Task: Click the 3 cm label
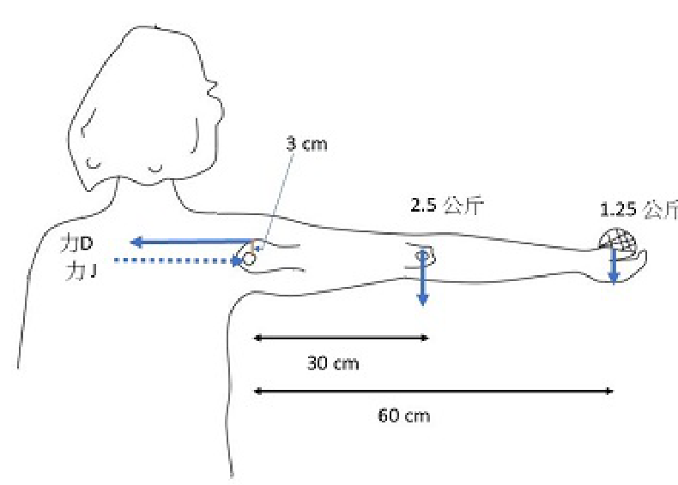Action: [306, 144]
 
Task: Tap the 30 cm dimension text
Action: [333, 363]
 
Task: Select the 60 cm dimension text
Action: [404, 416]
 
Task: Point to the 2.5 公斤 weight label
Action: [446, 205]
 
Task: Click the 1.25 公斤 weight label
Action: [639, 210]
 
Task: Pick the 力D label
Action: [77, 244]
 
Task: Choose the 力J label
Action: [81, 272]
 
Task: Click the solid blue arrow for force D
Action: [191, 242]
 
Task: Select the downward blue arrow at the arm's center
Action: [423, 277]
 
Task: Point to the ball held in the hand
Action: [617, 241]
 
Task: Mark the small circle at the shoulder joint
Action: [250, 259]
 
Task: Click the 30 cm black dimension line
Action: [341, 338]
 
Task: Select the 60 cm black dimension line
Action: [433, 392]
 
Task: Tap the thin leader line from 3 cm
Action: [277, 200]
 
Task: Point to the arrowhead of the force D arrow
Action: [137, 242]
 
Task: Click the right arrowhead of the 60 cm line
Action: [609, 392]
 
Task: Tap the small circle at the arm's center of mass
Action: [423, 255]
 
